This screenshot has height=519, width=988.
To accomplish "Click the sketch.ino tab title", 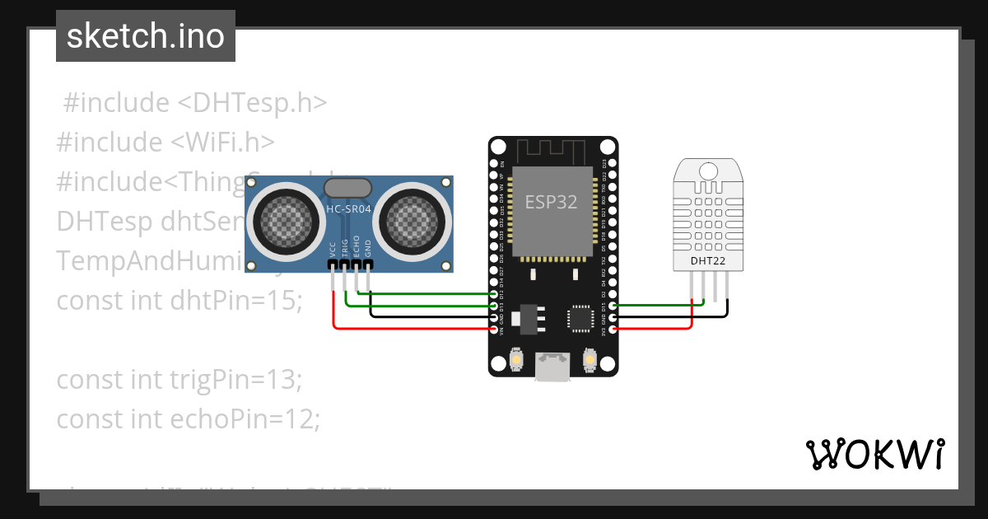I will (x=145, y=36).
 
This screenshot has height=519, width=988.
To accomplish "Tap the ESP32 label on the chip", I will (x=551, y=201).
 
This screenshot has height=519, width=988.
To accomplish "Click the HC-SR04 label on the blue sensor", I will (x=348, y=209).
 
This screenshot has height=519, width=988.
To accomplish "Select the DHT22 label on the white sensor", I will (x=708, y=261).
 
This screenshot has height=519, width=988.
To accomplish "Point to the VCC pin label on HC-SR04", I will (x=333, y=250).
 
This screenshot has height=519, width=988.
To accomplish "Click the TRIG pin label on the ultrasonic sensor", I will (x=345, y=249).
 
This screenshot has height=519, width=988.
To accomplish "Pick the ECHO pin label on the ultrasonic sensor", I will (x=357, y=248).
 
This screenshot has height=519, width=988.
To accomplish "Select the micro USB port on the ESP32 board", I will (x=552, y=367).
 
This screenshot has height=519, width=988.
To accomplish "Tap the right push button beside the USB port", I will (x=589, y=360).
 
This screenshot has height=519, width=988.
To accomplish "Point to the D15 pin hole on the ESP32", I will (x=612, y=306).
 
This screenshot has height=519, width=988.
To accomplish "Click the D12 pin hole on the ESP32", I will (x=494, y=294).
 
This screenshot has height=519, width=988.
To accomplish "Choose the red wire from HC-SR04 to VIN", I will (x=412, y=328).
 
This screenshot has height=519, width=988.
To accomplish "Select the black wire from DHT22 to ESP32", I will (x=675, y=316).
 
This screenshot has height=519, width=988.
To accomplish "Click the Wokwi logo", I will (x=875, y=453).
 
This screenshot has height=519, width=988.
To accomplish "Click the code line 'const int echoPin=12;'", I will (x=188, y=418).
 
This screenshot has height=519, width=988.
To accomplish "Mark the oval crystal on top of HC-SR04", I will (x=348, y=189).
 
